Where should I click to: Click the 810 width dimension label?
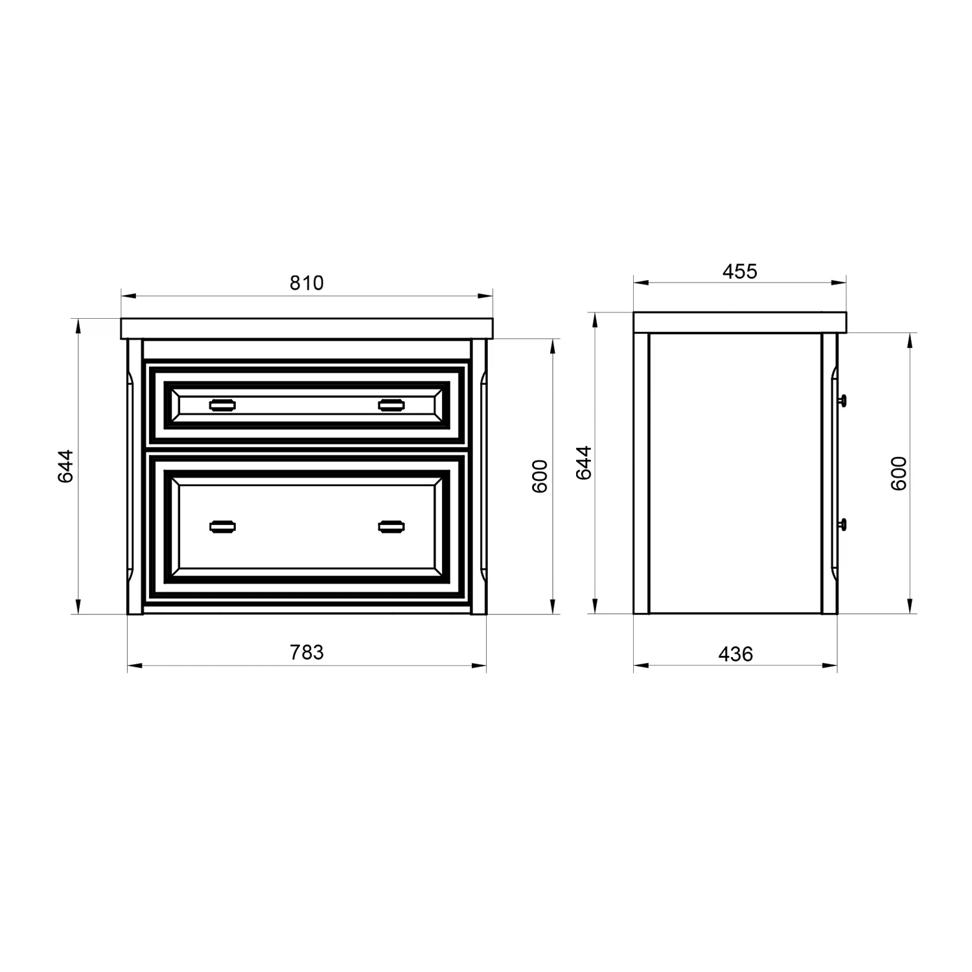pyautogui.click(x=307, y=283)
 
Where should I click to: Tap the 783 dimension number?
pyautogui.click(x=307, y=652)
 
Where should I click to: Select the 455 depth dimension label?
pyautogui.click(x=740, y=271)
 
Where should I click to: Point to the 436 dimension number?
pyautogui.click(x=735, y=654)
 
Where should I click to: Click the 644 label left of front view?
pyautogui.click(x=65, y=467)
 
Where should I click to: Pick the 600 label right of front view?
pyautogui.click(x=540, y=476)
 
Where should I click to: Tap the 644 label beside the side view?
pyautogui.click(x=584, y=462)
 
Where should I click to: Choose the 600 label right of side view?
pyautogui.click(x=899, y=473)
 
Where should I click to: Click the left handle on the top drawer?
pyautogui.click(x=223, y=406)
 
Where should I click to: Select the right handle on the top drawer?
pyautogui.click(x=391, y=406)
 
